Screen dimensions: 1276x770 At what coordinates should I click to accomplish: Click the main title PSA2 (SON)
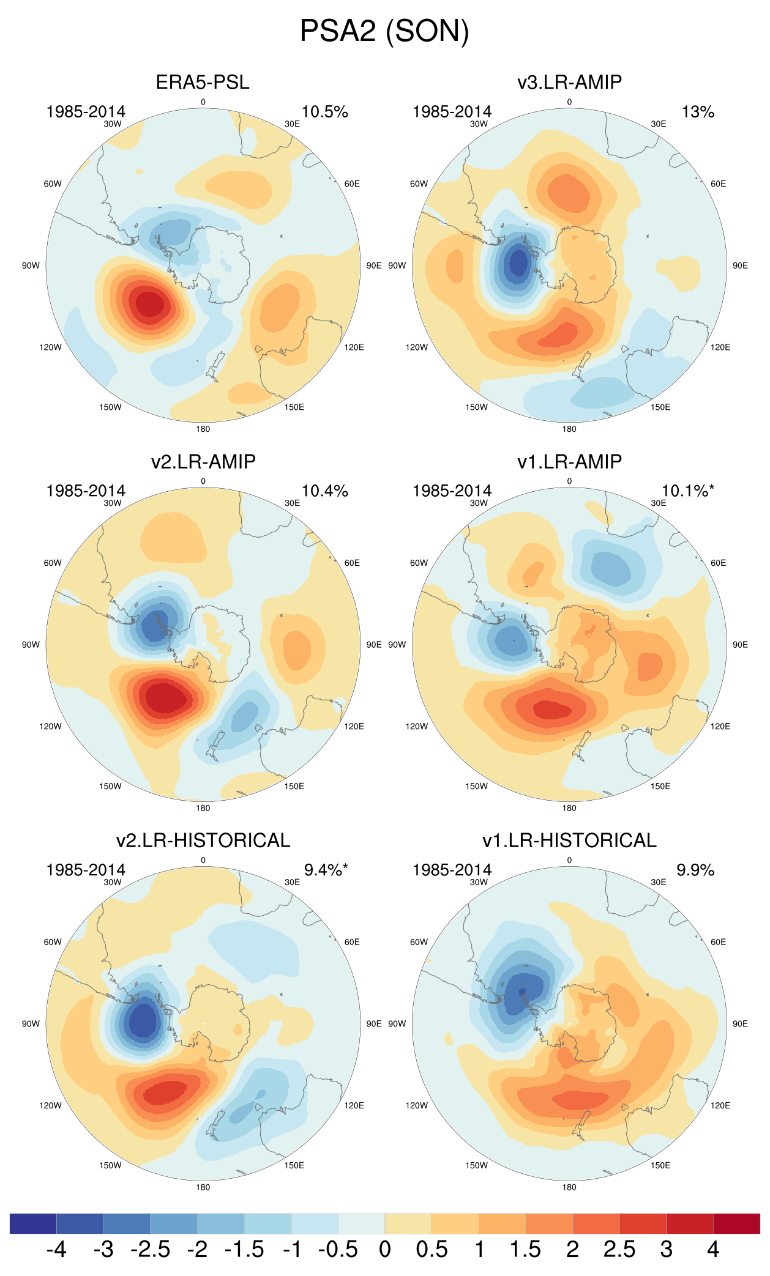click(x=384, y=31)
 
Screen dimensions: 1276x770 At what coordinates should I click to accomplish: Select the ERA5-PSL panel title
click(x=203, y=82)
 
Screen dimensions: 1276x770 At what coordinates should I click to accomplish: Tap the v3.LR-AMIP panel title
click(x=569, y=82)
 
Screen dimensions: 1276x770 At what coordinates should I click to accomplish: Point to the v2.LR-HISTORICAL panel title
click(x=203, y=840)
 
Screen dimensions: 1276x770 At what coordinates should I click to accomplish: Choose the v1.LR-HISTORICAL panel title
click(x=569, y=840)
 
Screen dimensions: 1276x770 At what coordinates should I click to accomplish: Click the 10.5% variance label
click(x=324, y=112)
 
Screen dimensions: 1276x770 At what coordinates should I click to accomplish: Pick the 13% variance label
click(x=698, y=112)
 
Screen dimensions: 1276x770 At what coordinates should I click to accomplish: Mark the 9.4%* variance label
click(x=326, y=870)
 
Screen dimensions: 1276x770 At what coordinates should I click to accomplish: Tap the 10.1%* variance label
click(x=687, y=491)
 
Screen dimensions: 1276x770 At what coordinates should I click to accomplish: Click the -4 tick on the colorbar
click(x=56, y=1249)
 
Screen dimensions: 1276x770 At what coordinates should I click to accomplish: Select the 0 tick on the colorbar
click(x=384, y=1249)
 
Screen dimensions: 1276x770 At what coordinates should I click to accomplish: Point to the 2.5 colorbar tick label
click(x=619, y=1249)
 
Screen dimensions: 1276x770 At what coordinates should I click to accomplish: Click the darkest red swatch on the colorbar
click(x=736, y=1223)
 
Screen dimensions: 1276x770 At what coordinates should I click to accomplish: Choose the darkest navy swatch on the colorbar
click(x=33, y=1223)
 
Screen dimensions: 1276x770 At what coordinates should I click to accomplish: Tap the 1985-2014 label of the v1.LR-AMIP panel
click(x=452, y=491)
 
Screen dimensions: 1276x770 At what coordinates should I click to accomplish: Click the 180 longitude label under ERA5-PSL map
click(x=203, y=429)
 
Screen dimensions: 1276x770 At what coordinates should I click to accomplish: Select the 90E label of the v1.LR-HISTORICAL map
click(x=740, y=1023)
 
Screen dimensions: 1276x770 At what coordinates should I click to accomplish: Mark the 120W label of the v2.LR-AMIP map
click(x=50, y=726)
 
